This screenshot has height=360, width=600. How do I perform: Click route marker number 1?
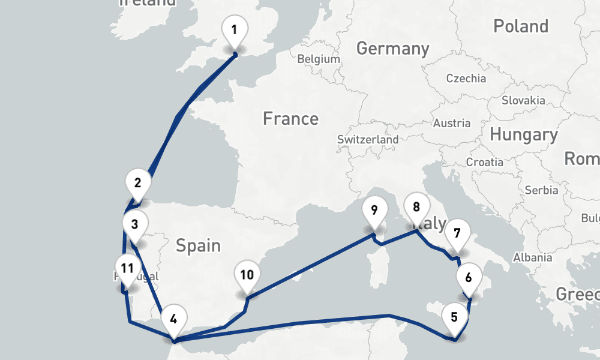click(x=235, y=30)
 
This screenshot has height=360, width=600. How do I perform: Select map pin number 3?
click(x=134, y=225)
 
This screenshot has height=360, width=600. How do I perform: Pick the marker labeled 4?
click(x=173, y=319)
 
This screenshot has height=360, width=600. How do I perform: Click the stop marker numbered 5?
click(x=454, y=317)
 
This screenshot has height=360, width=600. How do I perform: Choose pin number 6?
click(x=469, y=278)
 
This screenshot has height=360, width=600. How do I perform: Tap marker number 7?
click(x=457, y=233)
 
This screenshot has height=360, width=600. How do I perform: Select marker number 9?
click(x=374, y=211)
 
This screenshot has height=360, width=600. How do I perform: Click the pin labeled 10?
click(x=247, y=276)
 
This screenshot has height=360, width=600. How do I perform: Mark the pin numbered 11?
click(x=127, y=268)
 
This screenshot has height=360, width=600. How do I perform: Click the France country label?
click(x=290, y=119)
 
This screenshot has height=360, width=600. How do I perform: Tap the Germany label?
click(x=393, y=49)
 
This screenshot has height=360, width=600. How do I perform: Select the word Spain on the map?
click(x=198, y=245)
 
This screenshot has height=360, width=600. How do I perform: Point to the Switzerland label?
click(x=368, y=139)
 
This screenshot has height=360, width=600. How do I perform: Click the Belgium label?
click(x=319, y=59)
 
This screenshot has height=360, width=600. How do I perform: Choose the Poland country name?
click(x=521, y=26)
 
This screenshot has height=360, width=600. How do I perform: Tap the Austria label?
click(x=452, y=124)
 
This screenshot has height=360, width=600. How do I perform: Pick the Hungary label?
click(x=523, y=135)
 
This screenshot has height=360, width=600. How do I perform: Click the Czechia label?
click(x=466, y=79)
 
